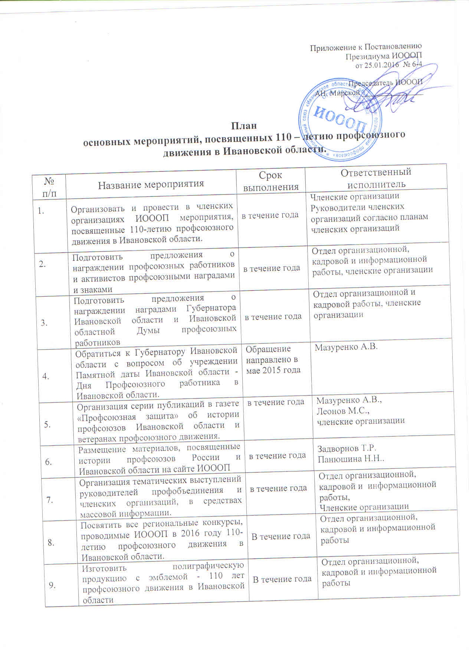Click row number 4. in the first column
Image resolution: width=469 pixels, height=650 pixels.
tap(47, 376)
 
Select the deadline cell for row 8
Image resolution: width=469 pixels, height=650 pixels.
tap(281, 536)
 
